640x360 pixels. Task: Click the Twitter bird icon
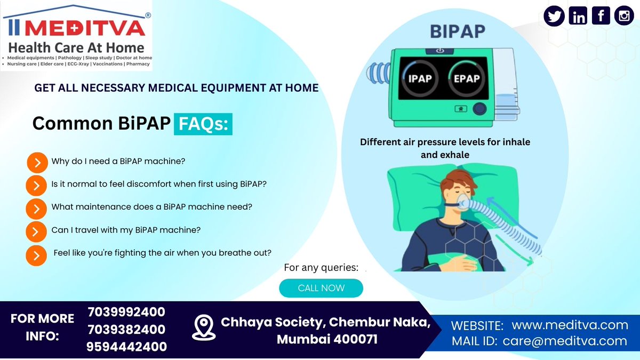[554, 16]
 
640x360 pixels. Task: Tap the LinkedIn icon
[578, 16]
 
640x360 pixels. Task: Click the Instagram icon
[623, 16]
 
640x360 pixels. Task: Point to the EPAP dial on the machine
[467, 78]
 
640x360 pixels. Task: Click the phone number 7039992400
[126, 311]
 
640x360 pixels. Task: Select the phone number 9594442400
[126, 347]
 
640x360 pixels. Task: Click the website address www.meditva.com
[570, 325]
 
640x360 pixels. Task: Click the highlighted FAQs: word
[203, 124]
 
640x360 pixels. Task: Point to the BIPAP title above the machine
[458, 31]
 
